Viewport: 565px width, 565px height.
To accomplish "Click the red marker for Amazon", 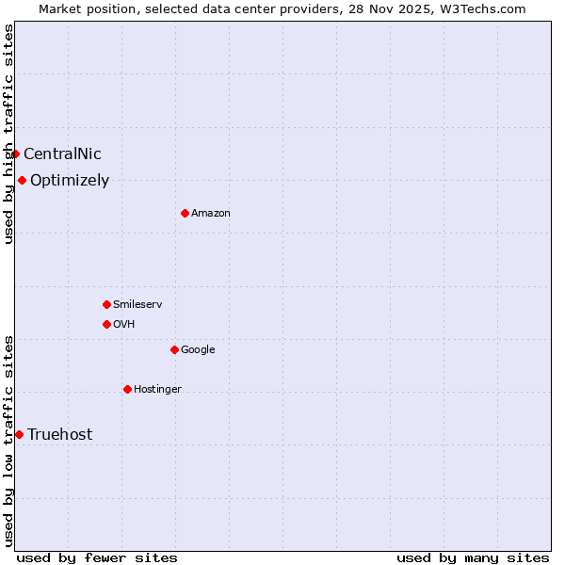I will [x=185, y=213].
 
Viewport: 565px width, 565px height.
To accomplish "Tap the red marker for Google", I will [x=174, y=349].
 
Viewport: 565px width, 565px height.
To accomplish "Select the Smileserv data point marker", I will [x=106, y=304].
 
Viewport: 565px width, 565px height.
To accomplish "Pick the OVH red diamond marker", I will [x=106, y=324].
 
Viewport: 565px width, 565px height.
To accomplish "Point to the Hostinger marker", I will [x=127, y=389].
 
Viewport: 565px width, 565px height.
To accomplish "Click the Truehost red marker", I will [x=19, y=434].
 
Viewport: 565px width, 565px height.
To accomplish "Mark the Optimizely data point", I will [x=22, y=180].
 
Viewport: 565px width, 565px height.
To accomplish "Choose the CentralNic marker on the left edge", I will [x=15, y=153].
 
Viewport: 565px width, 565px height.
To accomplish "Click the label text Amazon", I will [x=211, y=214].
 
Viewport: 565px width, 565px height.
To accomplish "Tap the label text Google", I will [x=198, y=350].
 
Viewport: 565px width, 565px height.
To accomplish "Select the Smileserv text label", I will [x=137, y=305].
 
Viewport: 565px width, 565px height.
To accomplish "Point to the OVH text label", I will [x=124, y=325].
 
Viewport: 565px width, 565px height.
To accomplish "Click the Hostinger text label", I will [x=157, y=390].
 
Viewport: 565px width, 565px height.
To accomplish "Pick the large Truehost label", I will [x=60, y=434].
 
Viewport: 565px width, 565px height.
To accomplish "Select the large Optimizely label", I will [x=70, y=181].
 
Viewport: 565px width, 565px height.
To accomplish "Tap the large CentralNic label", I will [x=62, y=154].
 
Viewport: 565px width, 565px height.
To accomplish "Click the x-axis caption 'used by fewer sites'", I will [x=97, y=557].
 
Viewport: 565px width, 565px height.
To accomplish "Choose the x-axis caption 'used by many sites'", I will [x=473, y=557].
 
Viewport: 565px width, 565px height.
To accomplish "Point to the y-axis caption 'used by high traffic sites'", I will [x=9, y=134].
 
